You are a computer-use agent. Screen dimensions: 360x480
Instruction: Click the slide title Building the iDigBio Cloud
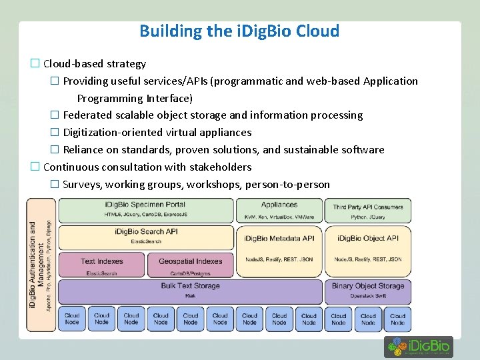(x=239, y=31)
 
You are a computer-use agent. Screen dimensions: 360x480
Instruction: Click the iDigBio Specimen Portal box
(x=145, y=210)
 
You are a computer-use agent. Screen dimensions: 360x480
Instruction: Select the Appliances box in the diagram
(x=279, y=210)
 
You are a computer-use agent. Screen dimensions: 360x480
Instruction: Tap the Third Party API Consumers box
(x=368, y=211)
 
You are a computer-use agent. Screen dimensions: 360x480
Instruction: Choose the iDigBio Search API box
(x=145, y=236)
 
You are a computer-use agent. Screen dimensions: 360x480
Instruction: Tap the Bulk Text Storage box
(x=190, y=291)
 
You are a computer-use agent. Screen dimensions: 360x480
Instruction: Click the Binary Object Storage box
(x=368, y=291)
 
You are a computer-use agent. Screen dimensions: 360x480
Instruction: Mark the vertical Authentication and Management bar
(x=41, y=265)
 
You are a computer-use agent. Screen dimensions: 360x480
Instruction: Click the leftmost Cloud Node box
(x=72, y=319)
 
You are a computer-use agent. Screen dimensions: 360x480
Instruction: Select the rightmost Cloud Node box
(x=398, y=319)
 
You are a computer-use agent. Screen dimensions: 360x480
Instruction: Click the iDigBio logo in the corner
(x=419, y=347)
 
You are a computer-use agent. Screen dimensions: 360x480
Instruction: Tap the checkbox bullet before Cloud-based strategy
(x=35, y=64)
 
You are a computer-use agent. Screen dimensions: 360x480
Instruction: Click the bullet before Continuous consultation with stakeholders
(x=35, y=167)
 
